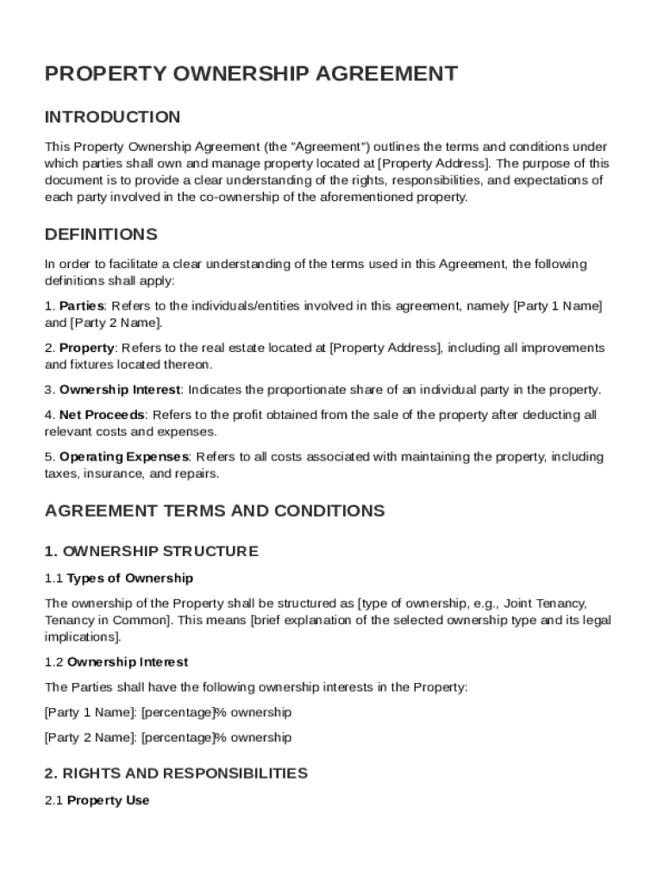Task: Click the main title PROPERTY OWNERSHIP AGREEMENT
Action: click(x=251, y=74)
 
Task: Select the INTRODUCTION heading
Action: click(x=112, y=117)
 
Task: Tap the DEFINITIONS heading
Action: click(x=101, y=235)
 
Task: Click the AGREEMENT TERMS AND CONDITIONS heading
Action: click(x=214, y=510)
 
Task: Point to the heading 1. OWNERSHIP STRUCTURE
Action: click(x=151, y=551)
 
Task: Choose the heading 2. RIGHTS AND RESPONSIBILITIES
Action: click(x=176, y=773)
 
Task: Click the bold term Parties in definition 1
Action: click(x=81, y=306)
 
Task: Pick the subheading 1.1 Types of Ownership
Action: click(x=119, y=579)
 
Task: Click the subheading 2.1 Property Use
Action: click(x=97, y=801)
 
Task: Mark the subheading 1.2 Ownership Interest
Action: click(x=116, y=662)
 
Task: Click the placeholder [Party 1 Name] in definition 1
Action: click(x=557, y=306)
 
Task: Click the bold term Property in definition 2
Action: click(x=86, y=348)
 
